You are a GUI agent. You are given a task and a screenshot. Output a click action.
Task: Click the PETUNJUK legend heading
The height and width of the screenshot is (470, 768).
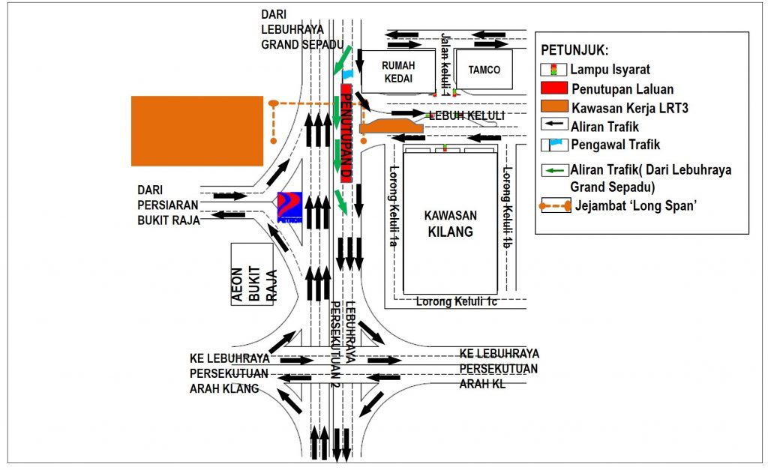[x=575, y=51]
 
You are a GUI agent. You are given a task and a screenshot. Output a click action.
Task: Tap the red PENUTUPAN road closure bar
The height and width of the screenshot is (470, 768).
[x=346, y=133]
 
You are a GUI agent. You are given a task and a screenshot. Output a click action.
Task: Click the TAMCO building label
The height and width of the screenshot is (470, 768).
[x=484, y=70]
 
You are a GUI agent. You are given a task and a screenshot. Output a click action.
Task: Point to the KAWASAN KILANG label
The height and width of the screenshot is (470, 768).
[x=451, y=223]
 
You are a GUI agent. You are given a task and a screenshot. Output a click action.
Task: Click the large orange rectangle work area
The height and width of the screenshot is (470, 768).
[x=197, y=131]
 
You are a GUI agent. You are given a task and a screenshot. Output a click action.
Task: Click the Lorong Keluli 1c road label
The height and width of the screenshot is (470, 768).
[x=457, y=301]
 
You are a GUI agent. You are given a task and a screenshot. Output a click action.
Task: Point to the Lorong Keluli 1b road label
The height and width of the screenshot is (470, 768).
[x=508, y=199]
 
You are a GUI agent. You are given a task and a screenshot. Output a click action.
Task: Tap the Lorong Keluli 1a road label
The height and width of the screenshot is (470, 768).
[x=391, y=205]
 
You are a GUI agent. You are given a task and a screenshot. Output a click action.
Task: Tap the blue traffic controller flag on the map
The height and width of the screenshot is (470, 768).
[x=347, y=74]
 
